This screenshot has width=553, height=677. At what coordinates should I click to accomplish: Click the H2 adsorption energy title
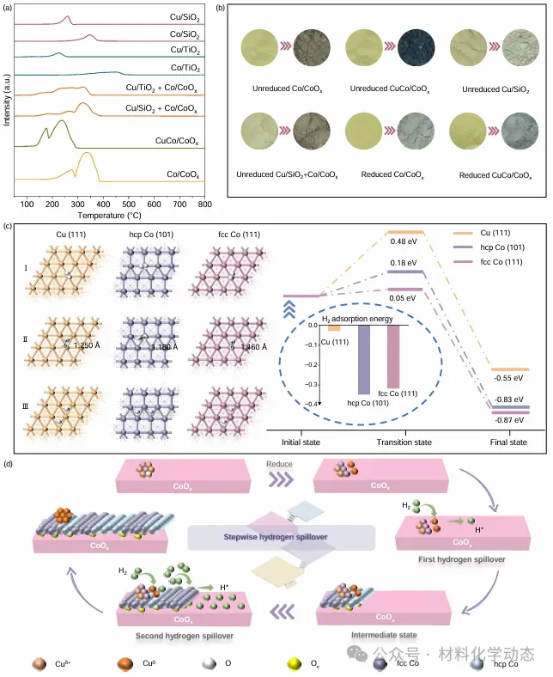[x=353, y=320]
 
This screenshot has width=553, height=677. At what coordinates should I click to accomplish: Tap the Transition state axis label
[x=404, y=442]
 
